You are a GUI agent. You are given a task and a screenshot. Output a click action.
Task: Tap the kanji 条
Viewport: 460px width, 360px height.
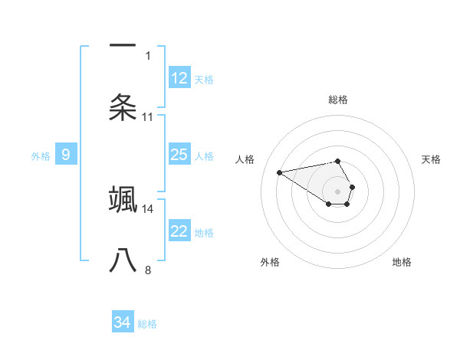coord(123,108)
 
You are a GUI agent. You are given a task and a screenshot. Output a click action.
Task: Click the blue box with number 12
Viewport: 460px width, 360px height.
coord(179,78)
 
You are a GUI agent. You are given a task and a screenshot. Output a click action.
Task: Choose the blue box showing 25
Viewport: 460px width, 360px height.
coord(179,155)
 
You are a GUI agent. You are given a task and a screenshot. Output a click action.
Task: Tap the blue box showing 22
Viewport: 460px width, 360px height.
coord(179,231)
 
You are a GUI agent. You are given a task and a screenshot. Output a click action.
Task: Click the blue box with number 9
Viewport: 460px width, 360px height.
coord(66,155)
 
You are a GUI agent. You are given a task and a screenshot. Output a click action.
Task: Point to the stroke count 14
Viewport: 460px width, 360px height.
coord(149,208)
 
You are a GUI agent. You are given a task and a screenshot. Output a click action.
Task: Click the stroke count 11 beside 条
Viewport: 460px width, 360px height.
coord(148,116)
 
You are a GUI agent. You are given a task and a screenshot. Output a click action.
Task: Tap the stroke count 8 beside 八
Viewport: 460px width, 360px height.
coord(148,270)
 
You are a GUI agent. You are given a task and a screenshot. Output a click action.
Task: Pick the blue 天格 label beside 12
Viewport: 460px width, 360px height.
coord(204,79)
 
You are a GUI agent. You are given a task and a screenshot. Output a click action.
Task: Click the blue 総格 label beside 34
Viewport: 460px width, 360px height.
coord(147,324)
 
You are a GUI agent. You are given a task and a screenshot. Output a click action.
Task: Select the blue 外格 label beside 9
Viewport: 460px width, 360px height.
coord(41,155)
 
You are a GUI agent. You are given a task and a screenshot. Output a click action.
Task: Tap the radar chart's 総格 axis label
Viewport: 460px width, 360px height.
coord(338,100)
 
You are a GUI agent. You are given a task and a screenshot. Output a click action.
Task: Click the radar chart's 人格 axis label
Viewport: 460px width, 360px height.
coord(245,159)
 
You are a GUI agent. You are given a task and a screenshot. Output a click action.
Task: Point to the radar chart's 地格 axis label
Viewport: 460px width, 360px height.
coord(402,262)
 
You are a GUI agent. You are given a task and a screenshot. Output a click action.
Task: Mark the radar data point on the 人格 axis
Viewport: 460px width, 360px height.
coord(280,172)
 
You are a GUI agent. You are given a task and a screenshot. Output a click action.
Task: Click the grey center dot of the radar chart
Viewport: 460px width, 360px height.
coord(338,190)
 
